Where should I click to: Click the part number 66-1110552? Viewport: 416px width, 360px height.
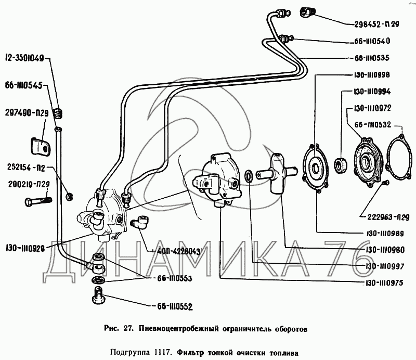coord(172,306)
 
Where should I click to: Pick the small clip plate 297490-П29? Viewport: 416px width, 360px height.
coord(41,146)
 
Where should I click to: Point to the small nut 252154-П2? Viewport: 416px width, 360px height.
coord(69,197)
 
